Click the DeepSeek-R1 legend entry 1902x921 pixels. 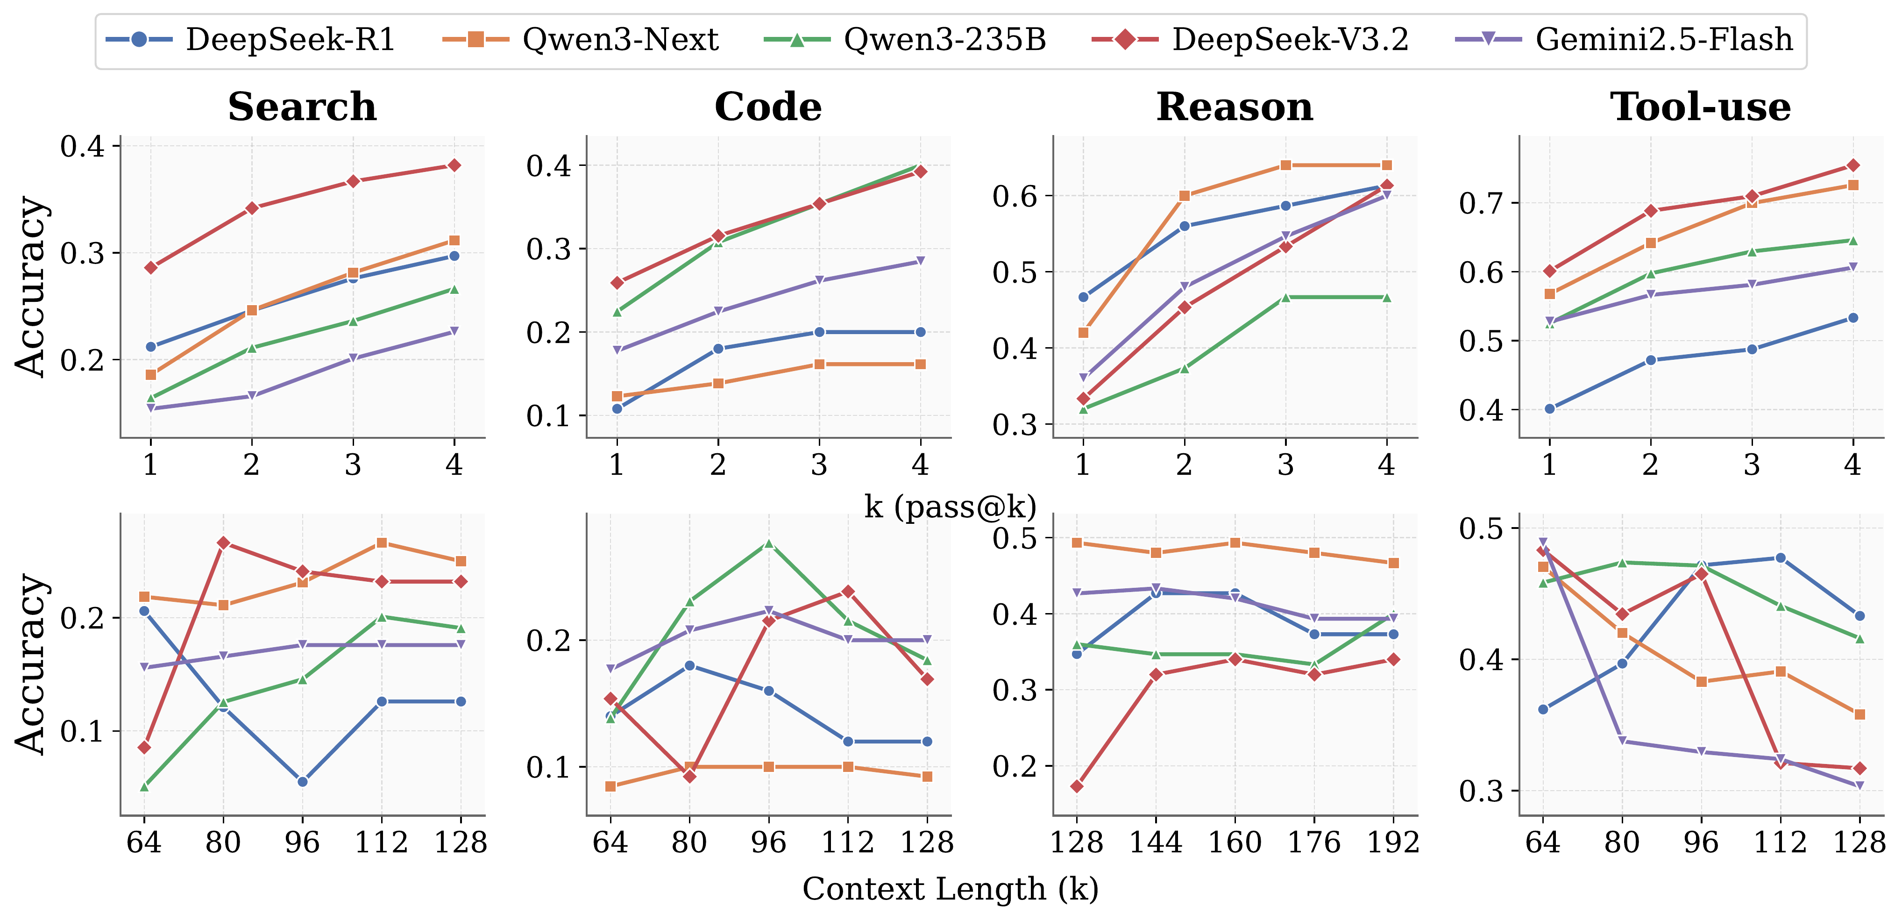pyautogui.click(x=251, y=39)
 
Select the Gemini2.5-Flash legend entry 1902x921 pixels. pyautogui.click(x=1625, y=39)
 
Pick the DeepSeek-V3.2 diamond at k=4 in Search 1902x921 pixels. pyautogui.click(x=454, y=165)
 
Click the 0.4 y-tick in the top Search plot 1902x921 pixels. pyautogui.click(x=83, y=146)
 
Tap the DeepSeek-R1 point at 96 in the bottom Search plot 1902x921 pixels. pyautogui.click(x=302, y=781)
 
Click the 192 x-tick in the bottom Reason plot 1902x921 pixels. pyautogui.click(x=1392, y=842)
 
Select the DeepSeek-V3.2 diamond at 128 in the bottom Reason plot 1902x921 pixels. pyautogui.click(x=1077, y=786)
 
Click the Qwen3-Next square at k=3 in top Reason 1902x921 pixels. pyautogui.click(x=1285, y=165)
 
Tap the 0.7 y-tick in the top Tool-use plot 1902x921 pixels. pyautogui.click(x=1481, y=203)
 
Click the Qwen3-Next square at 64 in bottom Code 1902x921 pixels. pyautogui.click(x=610, y=786)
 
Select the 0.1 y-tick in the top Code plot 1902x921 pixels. pyautogui.click(x=548, y=416)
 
